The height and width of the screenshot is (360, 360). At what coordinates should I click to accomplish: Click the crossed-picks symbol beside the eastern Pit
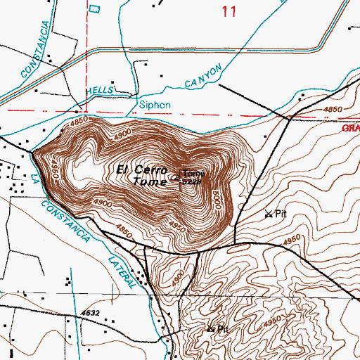point(269,214)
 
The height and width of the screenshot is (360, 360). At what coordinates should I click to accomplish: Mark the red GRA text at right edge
point(351,129)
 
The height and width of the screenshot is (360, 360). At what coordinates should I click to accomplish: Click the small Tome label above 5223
point(194,173)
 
